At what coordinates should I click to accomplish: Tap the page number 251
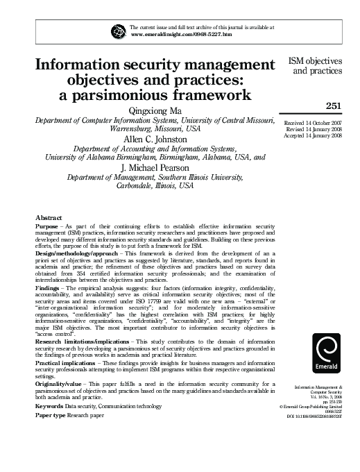335,105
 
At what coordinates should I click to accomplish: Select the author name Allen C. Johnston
151,140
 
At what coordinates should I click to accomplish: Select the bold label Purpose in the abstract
46,227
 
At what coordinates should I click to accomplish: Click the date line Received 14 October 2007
314,123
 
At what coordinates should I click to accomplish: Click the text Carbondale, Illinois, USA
151,187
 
